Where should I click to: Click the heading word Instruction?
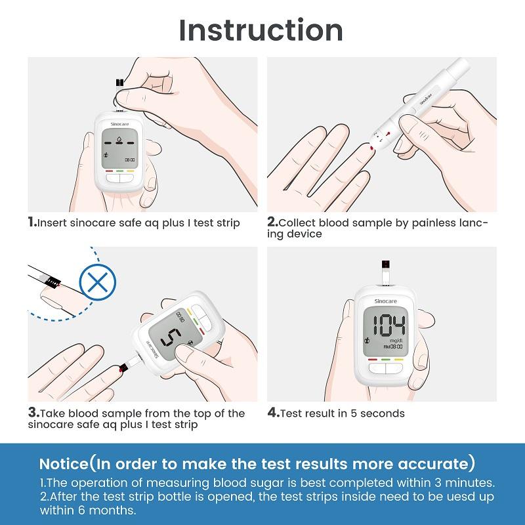click(261, 30)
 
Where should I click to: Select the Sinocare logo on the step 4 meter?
click(386, 299)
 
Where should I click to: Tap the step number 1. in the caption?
click(32, 222)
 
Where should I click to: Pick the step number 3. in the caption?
click(33, 413)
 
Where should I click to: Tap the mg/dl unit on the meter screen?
click(395, 341)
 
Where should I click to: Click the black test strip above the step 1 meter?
click(119, 83)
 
